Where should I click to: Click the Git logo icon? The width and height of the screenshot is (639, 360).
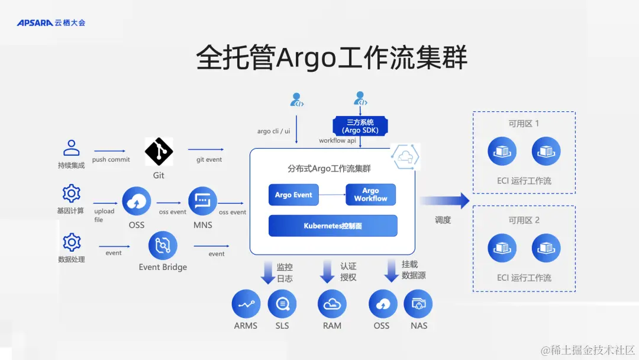coord(159,152)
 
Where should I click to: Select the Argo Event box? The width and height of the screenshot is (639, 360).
coord(293,195)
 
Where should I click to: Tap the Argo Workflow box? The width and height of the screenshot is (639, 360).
coord(370,195)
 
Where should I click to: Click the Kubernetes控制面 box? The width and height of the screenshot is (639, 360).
coord(333,226)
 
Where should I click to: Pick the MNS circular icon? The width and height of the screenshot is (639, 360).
coord(202,201)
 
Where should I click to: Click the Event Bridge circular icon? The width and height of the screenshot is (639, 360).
coord(163,246)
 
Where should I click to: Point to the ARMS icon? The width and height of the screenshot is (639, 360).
coord(246,304)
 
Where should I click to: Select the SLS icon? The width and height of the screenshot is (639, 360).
coord(282,304)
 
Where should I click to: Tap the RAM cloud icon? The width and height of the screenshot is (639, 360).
coord(332,304)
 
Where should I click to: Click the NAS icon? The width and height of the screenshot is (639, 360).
coord(418,304)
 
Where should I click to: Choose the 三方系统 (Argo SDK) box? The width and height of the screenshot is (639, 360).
coord(360,126)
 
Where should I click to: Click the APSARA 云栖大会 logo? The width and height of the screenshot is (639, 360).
coord(51,22)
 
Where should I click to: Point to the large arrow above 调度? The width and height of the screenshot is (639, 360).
coord(444,201)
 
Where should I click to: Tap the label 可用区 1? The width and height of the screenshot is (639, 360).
coord(524,124)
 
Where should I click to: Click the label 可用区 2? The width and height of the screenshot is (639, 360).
coord(524,220)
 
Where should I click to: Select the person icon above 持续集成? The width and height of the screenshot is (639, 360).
coord(72,147)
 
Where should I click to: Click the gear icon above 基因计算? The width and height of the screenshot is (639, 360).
coord(72,194)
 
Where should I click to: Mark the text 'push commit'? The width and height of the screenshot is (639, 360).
coord(111,160)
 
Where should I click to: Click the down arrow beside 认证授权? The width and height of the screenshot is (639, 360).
coord(327,272)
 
